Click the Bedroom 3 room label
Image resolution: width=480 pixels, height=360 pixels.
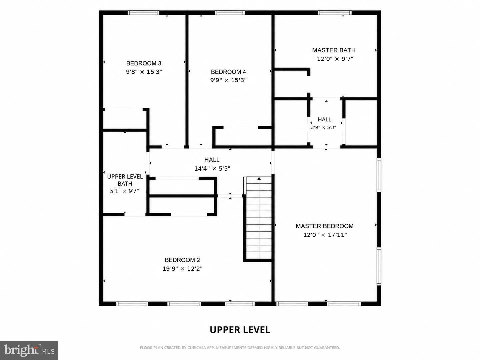[144, 63]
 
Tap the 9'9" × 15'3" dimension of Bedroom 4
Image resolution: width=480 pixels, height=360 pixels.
[228, 80]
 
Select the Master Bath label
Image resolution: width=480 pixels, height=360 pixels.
[334, 50]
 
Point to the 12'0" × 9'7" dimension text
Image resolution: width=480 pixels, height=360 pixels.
[335, 59]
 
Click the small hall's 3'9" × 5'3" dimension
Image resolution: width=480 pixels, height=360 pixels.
[324, 127]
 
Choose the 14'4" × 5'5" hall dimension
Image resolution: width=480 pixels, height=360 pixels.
[212, 169]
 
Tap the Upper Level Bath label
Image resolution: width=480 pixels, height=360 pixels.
[125, 180]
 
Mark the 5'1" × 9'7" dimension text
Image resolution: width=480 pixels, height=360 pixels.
[125, 191]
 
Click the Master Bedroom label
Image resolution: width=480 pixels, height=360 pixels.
[325, 226]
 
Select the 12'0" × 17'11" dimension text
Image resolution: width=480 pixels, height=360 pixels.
[325, 235]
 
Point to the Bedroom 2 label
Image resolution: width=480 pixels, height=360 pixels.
[182, 260]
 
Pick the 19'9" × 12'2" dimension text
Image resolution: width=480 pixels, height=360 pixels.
[182, 269]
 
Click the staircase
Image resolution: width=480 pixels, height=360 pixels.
[258, 219]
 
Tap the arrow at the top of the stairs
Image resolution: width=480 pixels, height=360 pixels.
[259, 179]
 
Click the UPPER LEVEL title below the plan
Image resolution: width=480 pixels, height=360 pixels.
[240, 330]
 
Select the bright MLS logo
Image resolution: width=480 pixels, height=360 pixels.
[29, 350]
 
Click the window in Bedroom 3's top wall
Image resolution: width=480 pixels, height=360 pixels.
[143, 13]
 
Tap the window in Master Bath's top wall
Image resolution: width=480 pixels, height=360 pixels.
[335, 13]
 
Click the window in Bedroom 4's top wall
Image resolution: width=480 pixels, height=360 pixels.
[230, 13]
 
